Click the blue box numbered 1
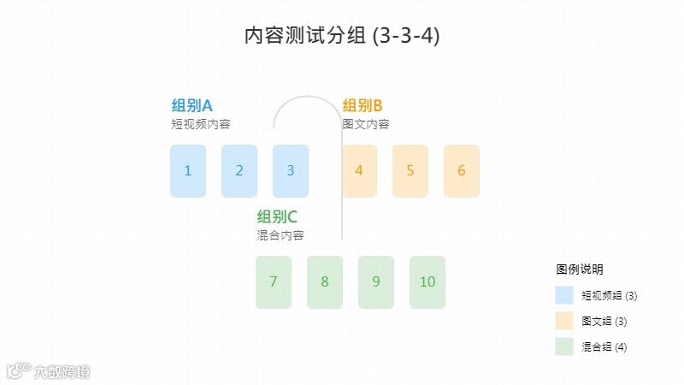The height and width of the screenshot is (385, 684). click(x=188, y=171)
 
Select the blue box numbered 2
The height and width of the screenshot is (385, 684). click(x=239, y=171)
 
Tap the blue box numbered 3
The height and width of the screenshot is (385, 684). click(x=291, y=171)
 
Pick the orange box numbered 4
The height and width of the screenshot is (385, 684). click(x=359, y=171)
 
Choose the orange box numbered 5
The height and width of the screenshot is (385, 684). click(x=410, y=171)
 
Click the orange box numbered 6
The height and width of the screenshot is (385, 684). click(x=462, y=171)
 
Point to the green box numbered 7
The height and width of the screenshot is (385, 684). click(x=274, y=282)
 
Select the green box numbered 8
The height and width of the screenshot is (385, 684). click(x=325, y=282)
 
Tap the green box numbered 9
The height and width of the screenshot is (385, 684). click(x=376, y=282)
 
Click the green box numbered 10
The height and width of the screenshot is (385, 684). click(x=427, y=282)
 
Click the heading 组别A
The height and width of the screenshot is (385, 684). click(x=192, y=106)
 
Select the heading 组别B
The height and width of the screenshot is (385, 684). click(x=363, y=106)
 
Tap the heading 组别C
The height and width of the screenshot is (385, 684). click(x=277, y=217)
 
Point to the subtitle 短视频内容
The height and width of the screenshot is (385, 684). click(x=200, y=124)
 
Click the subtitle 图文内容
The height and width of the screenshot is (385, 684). click(x=365, y=124)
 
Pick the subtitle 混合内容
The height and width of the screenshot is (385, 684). click(x=280, y=235)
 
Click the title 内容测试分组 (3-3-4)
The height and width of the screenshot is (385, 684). click(x=342, y=37)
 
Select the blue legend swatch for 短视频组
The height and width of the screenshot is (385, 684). click(x=564, y=295)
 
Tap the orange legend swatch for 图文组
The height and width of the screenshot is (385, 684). click(x=564, y=321)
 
